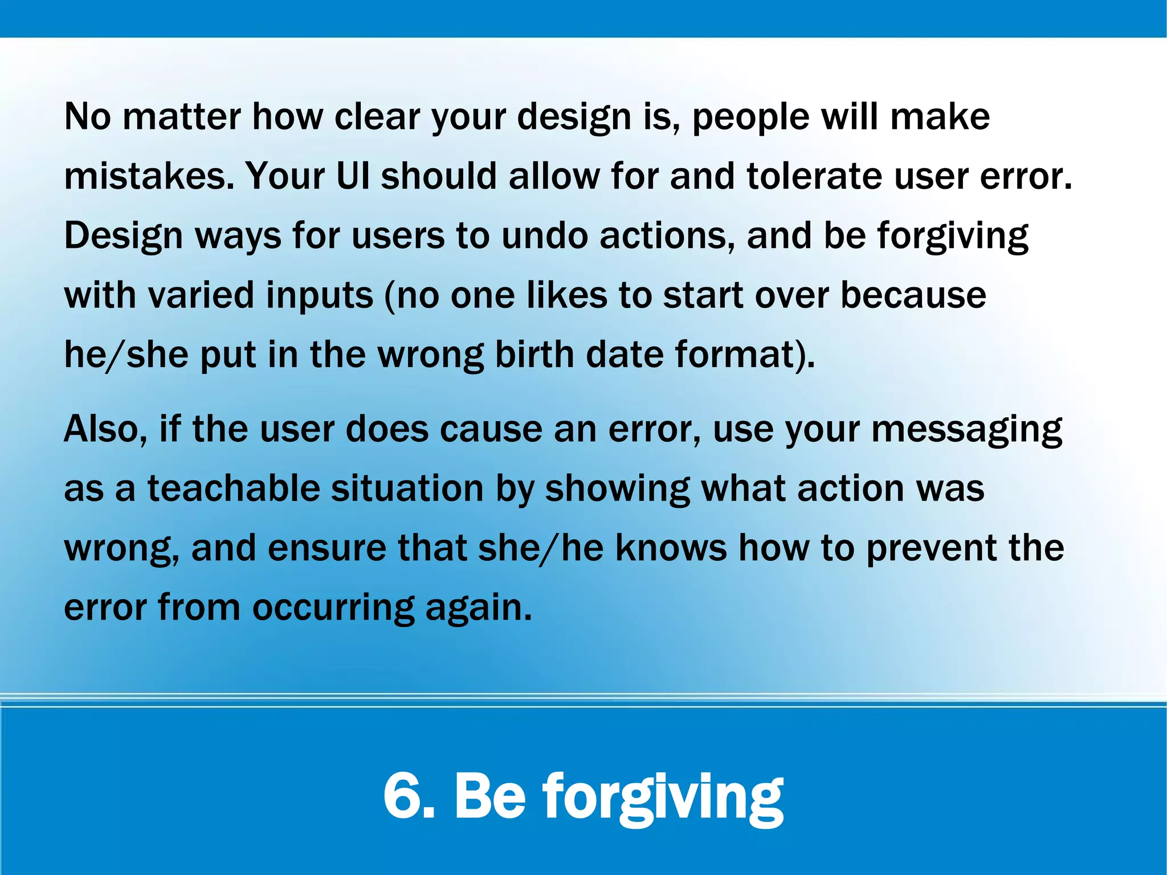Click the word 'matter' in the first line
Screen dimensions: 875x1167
181,117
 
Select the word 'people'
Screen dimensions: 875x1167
750,117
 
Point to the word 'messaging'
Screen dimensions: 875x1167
966,430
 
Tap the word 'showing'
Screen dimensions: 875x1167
617,490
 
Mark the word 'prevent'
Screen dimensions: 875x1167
931,548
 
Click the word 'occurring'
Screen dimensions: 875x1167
333,608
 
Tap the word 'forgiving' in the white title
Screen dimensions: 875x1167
663,796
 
